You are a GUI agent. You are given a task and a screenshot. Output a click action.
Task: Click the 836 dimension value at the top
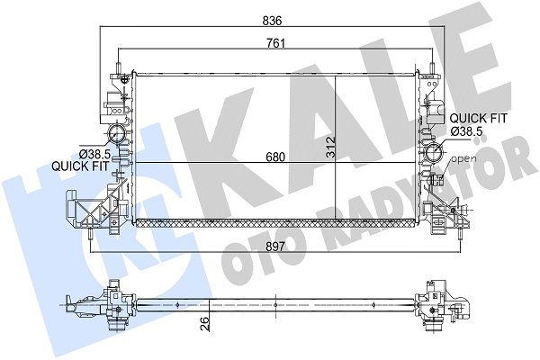[x=272, y=21]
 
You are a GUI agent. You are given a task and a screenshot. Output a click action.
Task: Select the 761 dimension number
[x=276, y=44]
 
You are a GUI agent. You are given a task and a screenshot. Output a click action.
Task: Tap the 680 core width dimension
[x=275, y=157]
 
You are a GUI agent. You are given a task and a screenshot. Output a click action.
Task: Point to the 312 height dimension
[x=330, y=147]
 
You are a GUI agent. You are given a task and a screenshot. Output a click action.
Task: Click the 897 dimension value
[x=275, y=247]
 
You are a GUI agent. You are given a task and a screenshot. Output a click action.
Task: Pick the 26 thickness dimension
[x=204, y=323]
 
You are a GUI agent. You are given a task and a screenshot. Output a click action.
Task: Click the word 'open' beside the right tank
[x=463, y=159]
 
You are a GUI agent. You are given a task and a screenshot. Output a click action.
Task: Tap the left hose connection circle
[x=117, y=134]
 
